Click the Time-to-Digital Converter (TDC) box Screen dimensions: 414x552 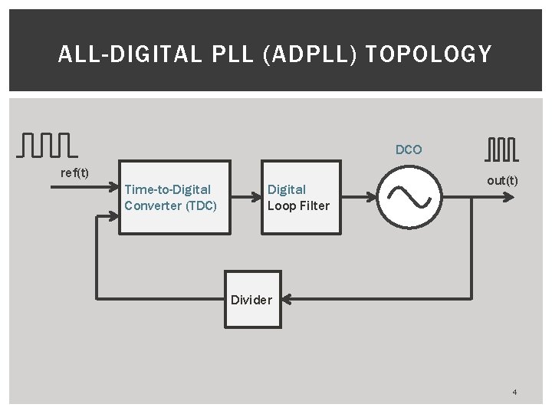coord(174,197)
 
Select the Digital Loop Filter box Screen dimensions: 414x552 coord(301,197)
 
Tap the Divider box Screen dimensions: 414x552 coord(252,299)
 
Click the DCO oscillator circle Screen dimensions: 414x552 coord(410,197)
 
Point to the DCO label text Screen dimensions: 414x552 coord(409,150)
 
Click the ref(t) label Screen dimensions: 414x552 coord(74,172)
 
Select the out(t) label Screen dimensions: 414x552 coord(502,180)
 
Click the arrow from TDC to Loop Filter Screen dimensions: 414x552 coord(246,197)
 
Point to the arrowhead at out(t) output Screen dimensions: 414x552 coord(509,196)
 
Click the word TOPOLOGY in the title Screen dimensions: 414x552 coord(429,54)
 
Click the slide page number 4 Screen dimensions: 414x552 coord(514,393)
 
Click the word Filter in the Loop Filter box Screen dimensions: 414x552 coord(314,205)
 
